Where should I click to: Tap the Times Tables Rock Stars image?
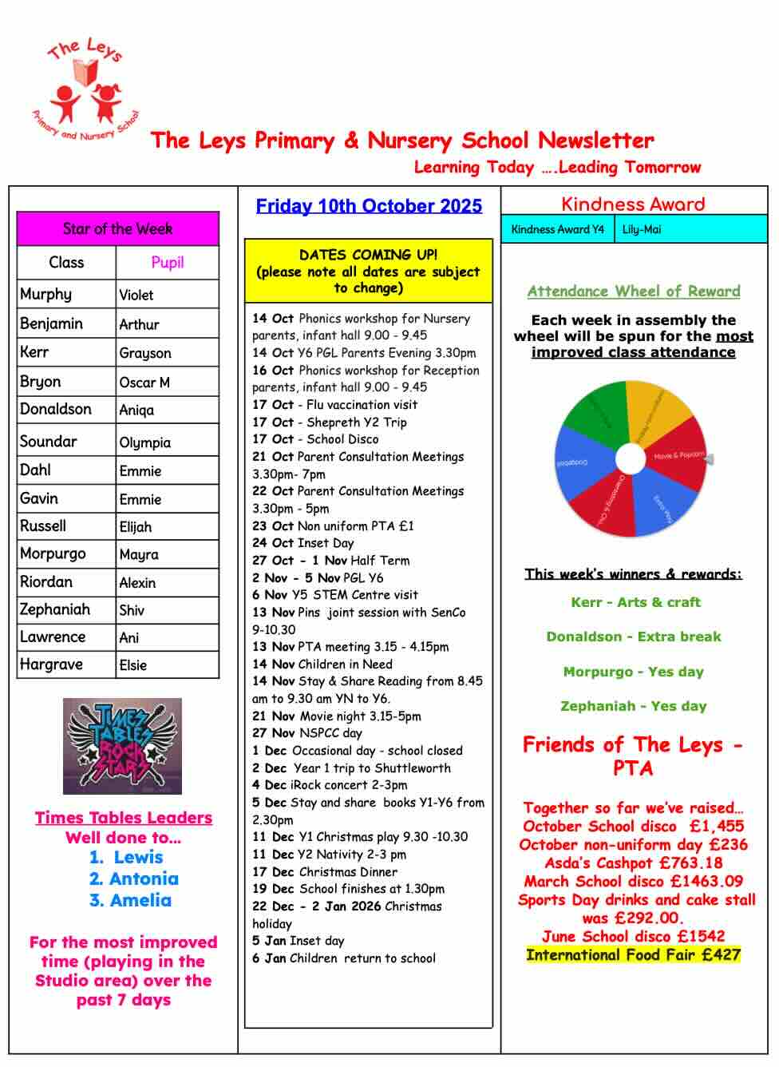[122, 746]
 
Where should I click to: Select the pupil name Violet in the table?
[136, 295]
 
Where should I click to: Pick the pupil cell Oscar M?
[144, 383]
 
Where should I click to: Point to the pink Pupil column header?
[167, 262]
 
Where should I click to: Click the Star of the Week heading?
[117, 229]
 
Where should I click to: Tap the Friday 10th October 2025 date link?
[369, 206]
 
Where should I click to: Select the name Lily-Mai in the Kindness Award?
[642, 229]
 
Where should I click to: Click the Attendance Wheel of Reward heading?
[634, 292]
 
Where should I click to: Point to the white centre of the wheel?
[630, 459]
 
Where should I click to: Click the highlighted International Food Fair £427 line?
[634, 954]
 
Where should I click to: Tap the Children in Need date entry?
[322, 664]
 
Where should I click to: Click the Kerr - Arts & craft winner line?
[635, 602]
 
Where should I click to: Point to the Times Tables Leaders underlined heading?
[124, 818]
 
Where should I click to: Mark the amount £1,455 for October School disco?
[717, 826]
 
